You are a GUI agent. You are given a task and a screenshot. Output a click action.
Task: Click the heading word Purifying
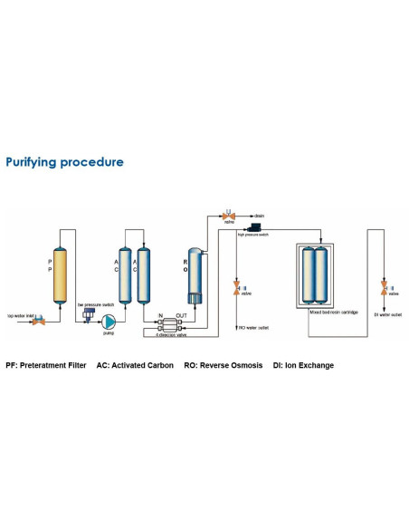tap(37, 162)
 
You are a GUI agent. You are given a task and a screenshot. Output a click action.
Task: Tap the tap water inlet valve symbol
tap(40, 315)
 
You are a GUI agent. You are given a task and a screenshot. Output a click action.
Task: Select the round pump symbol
tap(109, 321)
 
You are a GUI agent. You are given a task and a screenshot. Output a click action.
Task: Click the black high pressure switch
tap(256, 226)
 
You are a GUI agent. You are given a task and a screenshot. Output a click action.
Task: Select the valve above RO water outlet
tap(236, 288)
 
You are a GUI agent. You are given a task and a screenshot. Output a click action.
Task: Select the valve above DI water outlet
tap(384, 287)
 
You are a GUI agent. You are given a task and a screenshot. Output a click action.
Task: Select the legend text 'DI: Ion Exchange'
tap(303, 366)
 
